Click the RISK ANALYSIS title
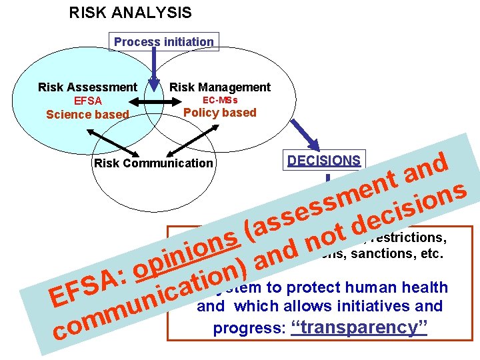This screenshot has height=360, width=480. [x=130, y=12]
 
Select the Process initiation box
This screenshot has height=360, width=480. [x=164, y=41]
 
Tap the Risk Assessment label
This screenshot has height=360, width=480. [x=87, y=87]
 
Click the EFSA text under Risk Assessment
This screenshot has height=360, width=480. [x=88, y=101]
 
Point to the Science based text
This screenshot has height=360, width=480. [x=87, y=114]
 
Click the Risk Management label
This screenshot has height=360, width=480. [x=220, y=87]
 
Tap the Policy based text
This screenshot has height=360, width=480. [x=220, y=113]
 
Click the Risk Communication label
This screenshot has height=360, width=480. [x=154, y=163]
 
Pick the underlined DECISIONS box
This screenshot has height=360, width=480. [x=324, y=161]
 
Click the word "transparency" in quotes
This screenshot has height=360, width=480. [x=360, y=327]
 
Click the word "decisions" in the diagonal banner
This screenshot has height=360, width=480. [x=407, y=207]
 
